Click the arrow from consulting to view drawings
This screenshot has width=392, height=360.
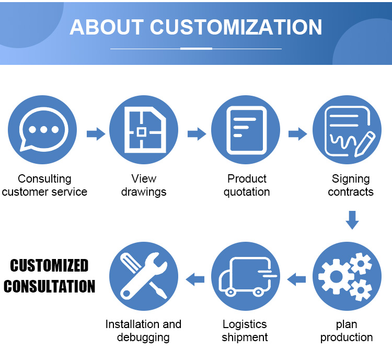pyautogui.click(x=95, y=134)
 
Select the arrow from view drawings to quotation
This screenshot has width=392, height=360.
pyautogui.click(x=197, y=134)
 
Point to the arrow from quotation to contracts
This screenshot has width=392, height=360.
pyautogui.click(x=297, y=134)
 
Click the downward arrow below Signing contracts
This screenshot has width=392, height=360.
pyautogui.click(x=352, y=220)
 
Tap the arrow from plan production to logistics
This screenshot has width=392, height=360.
pyautogui.click(x=297, y=279)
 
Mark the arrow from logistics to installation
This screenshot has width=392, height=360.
pyautogui.click(x=195, y=279)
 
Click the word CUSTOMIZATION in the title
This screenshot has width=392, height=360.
pyautogui.click(x=236, y=27)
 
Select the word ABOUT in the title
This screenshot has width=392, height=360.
pyautogui.click(x=106, y=27)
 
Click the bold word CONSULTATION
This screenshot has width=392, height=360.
pyautogui.click(x=50, y=286)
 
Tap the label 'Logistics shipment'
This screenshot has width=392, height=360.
pyautogui.click(x=245, y=331)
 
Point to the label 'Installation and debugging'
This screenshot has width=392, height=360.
pyautogui.click(x=143, y=331)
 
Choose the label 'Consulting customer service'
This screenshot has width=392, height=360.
pyautogui.click(x=44, y=185)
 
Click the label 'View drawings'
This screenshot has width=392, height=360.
pyautogui.click(x=144, y=185)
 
